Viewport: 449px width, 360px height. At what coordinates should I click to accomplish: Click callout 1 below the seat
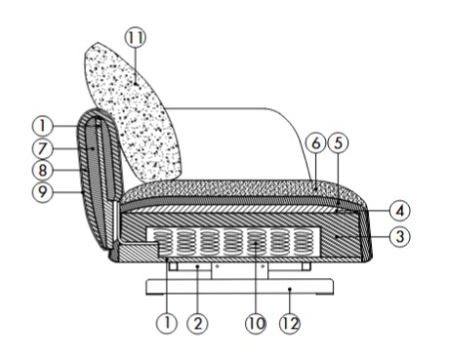tap(167, 322)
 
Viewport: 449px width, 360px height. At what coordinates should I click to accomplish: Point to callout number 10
tap(257, 322)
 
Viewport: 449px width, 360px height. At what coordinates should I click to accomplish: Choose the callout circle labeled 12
tap(290, 322)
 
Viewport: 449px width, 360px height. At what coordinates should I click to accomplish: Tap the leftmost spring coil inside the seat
tap(156, 241)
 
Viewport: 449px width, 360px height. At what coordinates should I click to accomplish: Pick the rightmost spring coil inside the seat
tap(302, 241)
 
